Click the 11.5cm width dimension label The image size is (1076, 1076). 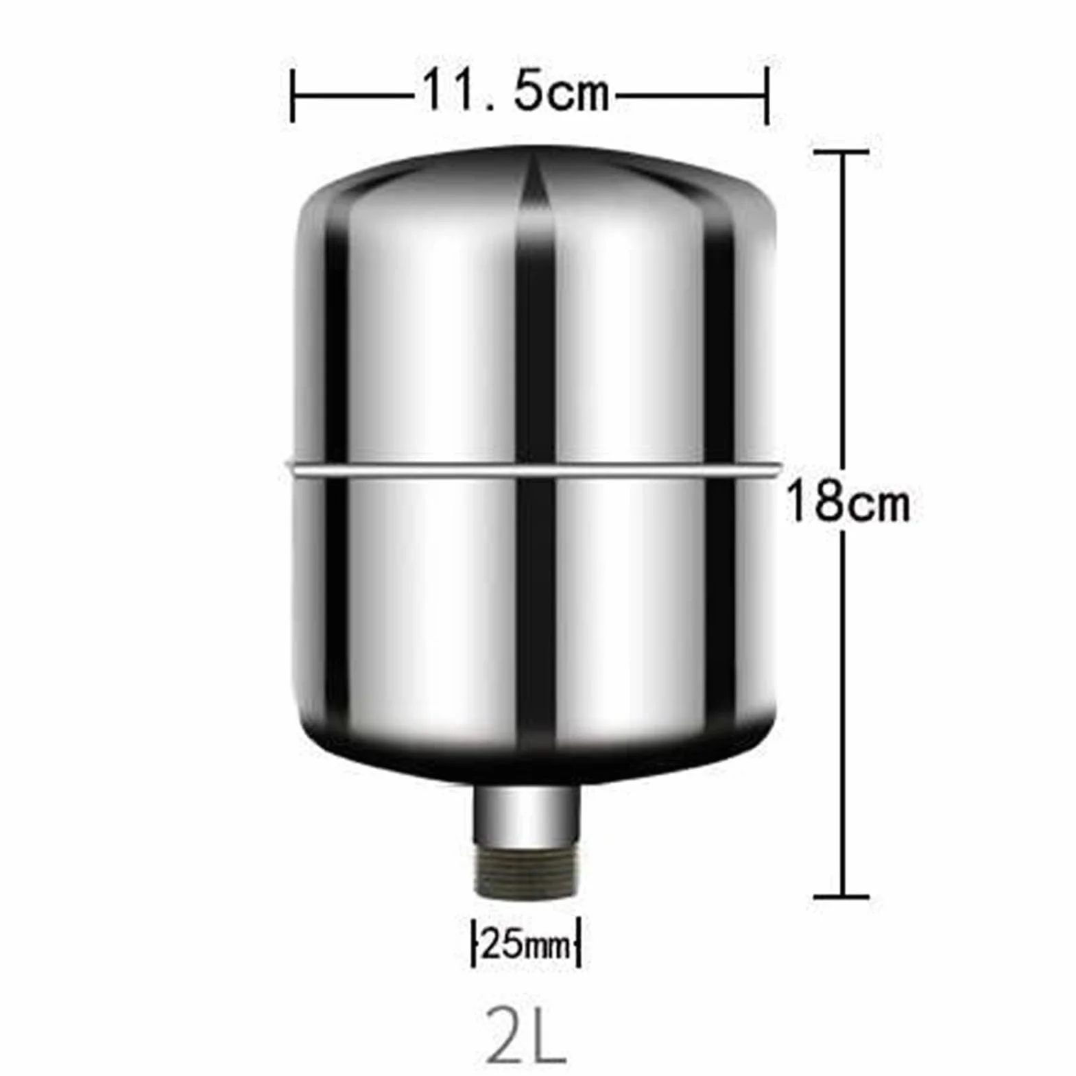pyautogui.click(x=515, y=91)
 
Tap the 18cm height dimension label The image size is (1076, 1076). pyautogui.click(x=848, y=502)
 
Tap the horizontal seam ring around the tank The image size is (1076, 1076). pyautogui.click(x=532, y=470)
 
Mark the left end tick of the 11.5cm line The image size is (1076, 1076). pyautogui.click(x=293, y=95)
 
